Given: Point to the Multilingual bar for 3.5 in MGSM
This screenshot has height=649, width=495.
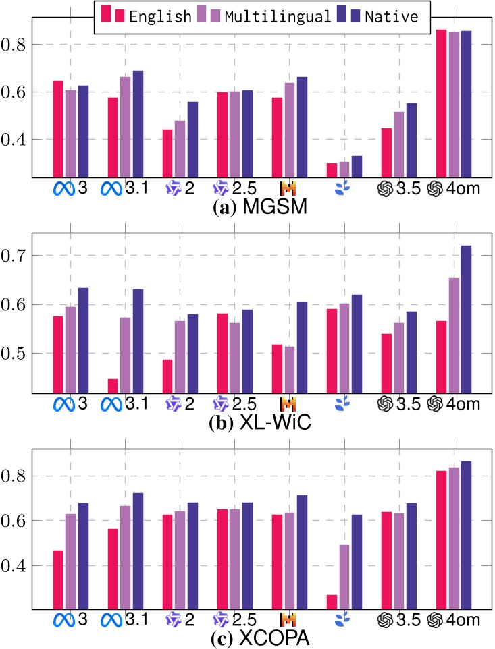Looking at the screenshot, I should (x=398, y=144).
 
